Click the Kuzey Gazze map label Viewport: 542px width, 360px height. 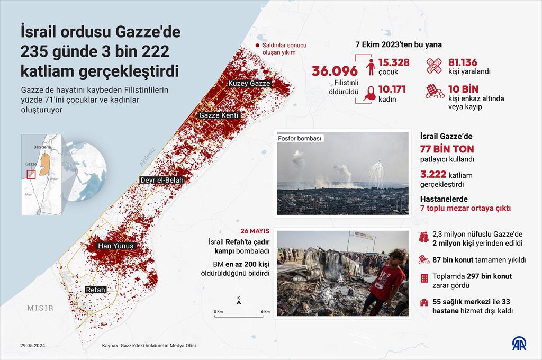(x=249, y=83)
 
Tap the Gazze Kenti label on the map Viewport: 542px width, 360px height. (x=219, y=115)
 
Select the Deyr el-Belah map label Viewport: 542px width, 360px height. (x=161, y=180)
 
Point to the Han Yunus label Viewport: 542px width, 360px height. (x=116, y=246)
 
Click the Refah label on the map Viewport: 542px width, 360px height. (x=96, y=290)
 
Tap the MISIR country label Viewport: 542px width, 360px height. (x=40, y=308)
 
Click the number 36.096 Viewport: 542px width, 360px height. (x=335, y=71)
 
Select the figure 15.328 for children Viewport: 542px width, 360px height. (x=394, y=62)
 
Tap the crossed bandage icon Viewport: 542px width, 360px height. (x=436, y=65)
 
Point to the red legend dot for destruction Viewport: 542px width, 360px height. (x=257, y=46)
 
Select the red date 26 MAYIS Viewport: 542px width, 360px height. (x=255, y=231)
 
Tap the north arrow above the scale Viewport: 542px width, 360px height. (x=239, y=301)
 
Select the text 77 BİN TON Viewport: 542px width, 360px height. (x=447, y=149)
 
